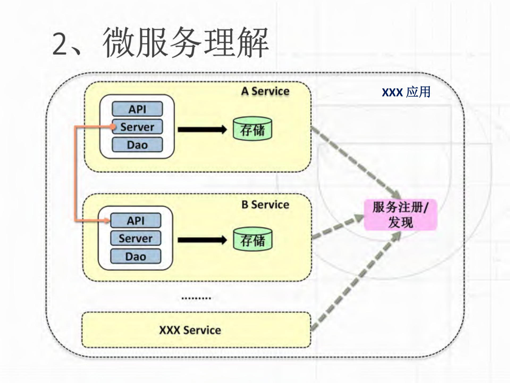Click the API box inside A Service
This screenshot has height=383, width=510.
tap(137, 109)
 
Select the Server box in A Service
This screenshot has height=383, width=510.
tap(137, 127)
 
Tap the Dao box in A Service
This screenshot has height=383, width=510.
tap(137, 145)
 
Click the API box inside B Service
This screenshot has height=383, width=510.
tap(136, 220)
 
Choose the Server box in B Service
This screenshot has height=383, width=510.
tap(136, 238)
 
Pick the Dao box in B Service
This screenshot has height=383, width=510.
tap(136, 256)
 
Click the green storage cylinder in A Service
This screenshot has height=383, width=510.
tap(252, 129)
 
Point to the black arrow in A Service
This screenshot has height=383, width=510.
tap(202, 130)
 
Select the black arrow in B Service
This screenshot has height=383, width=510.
tap(202, 240)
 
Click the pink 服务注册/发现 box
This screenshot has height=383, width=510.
tap(400, 215)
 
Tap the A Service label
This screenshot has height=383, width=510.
tap(265, 91)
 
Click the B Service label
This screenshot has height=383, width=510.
tap(265, 205)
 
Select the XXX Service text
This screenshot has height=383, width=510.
tap(190, 330)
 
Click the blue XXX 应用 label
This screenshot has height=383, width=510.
tap(406, 92)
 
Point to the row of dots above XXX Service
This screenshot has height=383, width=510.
tap(196, 298)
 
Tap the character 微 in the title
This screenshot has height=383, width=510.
tap(118, 43)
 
